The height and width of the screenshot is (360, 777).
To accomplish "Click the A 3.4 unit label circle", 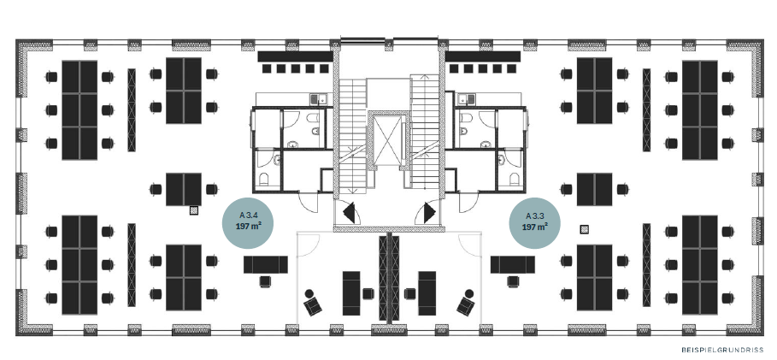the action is pos(248,222).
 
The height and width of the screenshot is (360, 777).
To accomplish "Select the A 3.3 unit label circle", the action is pos(535,222).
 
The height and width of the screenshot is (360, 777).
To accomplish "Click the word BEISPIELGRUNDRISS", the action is pos(722,350).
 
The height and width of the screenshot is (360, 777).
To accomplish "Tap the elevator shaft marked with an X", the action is pos(388,140).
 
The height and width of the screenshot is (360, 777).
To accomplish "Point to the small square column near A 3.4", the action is pos(194,210).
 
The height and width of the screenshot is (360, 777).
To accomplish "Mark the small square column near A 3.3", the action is pos(585,229).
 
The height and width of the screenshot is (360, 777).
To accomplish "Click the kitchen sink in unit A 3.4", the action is pos(317,99).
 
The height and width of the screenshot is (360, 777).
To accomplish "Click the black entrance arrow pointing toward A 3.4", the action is pos(350,213).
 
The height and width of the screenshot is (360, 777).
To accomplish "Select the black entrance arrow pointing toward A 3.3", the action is pos(429,213).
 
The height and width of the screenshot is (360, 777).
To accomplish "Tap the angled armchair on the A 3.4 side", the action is pos(312,303).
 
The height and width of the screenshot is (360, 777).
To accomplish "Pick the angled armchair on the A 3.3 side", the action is pos(467,303).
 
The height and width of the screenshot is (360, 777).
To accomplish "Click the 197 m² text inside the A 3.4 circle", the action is pos(248,227).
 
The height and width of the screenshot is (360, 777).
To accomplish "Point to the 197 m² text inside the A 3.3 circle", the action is pos(535,227).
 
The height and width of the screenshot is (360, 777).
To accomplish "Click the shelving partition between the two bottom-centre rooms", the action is pos(389,278).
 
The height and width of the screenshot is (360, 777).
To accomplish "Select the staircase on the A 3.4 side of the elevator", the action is pos(353,134).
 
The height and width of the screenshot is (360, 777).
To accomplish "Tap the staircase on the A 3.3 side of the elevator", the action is pos(425,132).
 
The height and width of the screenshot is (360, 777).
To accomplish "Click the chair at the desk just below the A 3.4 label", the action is pos(266,281).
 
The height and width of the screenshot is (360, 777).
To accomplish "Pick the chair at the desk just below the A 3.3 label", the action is pos(513,281).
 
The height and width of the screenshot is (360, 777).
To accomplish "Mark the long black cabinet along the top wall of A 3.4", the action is pos(296,56).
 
